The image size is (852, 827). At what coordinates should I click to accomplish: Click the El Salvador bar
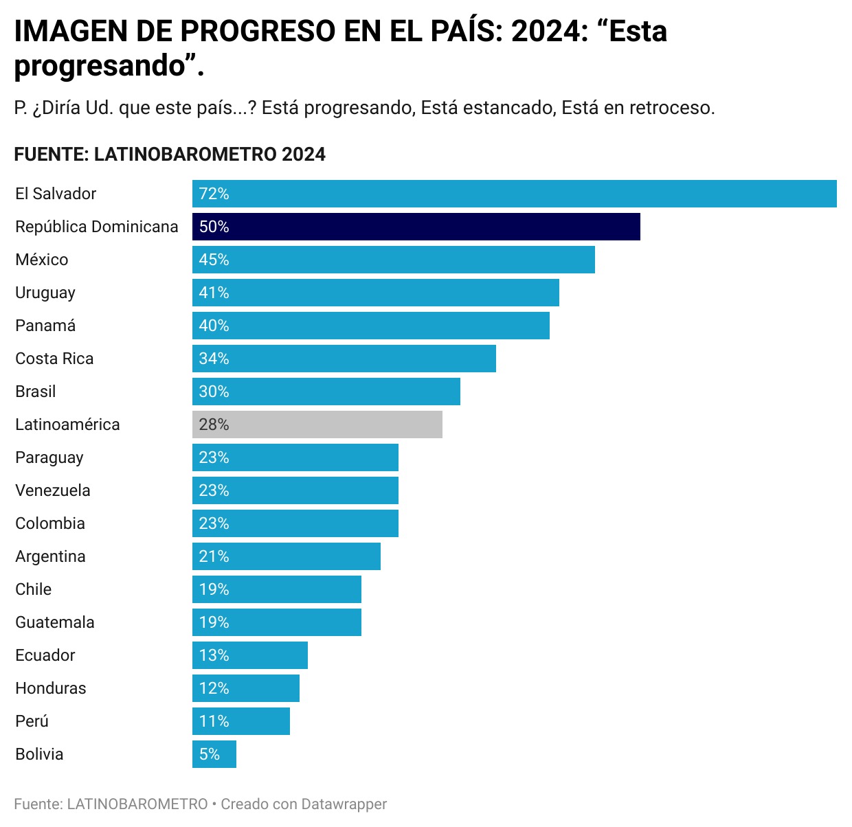514,194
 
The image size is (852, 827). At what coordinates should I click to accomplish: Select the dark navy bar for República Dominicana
416,227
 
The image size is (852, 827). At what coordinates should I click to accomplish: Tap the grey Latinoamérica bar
317,424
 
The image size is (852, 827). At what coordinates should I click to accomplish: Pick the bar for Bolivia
214,754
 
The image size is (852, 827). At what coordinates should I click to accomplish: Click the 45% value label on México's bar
214,260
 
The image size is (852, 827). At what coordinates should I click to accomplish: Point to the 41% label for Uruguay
214,293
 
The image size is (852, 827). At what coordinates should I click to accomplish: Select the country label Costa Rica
54,359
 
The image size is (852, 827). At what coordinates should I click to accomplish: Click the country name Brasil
36,392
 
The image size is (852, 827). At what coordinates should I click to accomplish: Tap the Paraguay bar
295,457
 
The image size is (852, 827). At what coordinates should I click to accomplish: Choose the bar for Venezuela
295,490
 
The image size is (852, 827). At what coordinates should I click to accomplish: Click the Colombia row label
50,523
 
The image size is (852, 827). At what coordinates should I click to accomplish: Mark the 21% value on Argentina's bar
214,556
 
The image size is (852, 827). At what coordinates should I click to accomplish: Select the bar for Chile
276,589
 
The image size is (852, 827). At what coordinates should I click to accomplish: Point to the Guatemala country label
55,622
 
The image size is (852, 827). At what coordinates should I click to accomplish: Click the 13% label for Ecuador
214,655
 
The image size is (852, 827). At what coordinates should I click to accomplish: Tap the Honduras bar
245,688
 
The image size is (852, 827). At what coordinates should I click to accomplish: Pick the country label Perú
32,721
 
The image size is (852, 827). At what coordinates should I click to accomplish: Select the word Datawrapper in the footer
344,804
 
